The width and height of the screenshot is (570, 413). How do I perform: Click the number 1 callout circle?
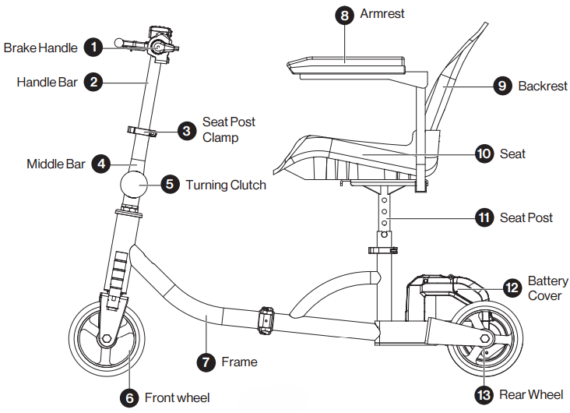tap(93, 48)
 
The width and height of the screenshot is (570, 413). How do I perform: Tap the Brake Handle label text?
tap(40, 48)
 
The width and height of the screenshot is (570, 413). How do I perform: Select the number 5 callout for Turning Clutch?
tap(170, 185)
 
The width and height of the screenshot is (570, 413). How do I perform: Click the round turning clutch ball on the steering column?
tap(134, 185)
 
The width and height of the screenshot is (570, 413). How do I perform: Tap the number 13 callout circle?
tap(485, 395)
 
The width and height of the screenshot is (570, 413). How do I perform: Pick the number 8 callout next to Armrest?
tap(344, 15)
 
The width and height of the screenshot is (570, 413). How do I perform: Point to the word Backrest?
tap(543, 86)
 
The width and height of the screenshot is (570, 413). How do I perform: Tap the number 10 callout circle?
tap(484, 154)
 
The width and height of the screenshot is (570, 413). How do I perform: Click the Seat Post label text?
tap(526, 217)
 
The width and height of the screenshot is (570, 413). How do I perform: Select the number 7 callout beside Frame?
tap(206, 362)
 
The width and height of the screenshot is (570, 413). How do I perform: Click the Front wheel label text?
tap(177, 398)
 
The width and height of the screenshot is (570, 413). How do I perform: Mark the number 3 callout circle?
tap(185, 130)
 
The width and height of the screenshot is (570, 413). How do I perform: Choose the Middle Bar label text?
tap(56, 164)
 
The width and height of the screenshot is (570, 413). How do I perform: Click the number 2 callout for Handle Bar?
tap(93, 81)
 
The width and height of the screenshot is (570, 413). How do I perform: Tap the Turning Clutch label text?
tap(226, 185)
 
